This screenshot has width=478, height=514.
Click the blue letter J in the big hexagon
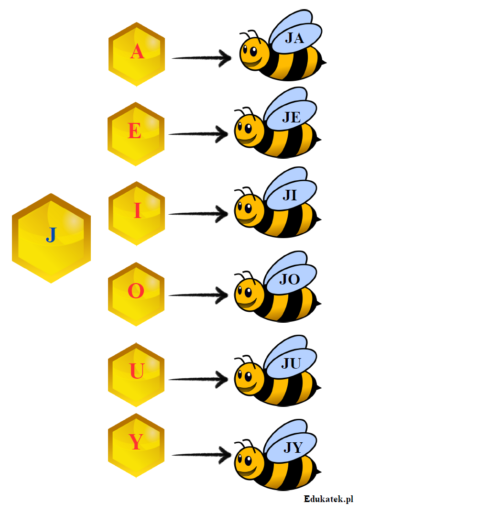tap(51, 235)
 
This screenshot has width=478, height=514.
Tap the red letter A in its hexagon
tap(137, 52)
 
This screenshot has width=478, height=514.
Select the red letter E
tap(135, 131)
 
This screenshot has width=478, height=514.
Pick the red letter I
tap(137, 211)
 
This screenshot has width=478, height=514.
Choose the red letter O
tap(136, 291)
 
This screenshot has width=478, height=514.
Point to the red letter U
tap(137, 372)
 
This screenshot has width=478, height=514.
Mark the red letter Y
tap(136, 443)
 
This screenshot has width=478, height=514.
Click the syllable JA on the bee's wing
tap(294, 38)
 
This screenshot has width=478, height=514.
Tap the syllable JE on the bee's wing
tap(291, 117)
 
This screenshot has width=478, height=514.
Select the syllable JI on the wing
tap(290, 196)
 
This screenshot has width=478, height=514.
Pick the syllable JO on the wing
tap(289, 279)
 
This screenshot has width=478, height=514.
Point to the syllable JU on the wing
tap(291, 364)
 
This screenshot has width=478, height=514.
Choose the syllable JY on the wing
tap(293, 448)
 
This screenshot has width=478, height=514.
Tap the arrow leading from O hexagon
tap(199, 295)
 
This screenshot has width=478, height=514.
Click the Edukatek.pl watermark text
tap(328, 499)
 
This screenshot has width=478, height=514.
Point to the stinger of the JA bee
tap(324, 62)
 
